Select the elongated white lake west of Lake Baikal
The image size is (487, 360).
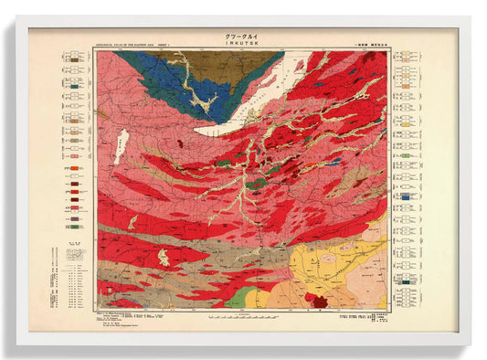(x=121, y=147)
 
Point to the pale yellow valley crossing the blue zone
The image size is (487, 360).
(x=203, y=99)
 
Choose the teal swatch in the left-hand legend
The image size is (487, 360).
(x=72, y=212)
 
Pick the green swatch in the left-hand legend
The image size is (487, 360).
(x=72, y=219)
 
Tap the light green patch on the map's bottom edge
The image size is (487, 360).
(x=239, y=298)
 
